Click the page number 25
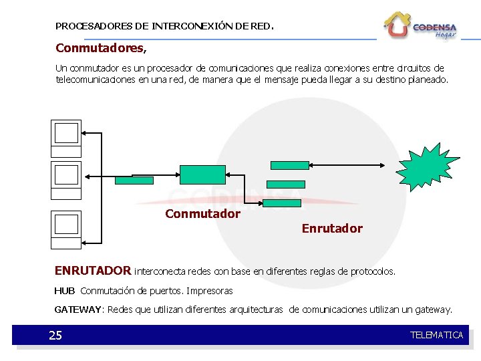coord(55,335)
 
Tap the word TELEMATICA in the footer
coord(436,335)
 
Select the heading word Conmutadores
coord(100,48)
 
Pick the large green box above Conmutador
coord(203,174)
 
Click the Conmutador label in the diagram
coord(202,214)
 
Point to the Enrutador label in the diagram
coord(332,229)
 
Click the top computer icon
coord(66,137)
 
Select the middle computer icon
coord(66,178)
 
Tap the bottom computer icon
coord(66,228)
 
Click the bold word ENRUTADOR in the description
coord(93,271)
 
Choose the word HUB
coord(64,291)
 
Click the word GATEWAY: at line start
coord(79,310)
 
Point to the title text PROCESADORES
coord(93,27)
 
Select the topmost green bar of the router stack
coord(289,164)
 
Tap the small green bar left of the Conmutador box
coord(134,180)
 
